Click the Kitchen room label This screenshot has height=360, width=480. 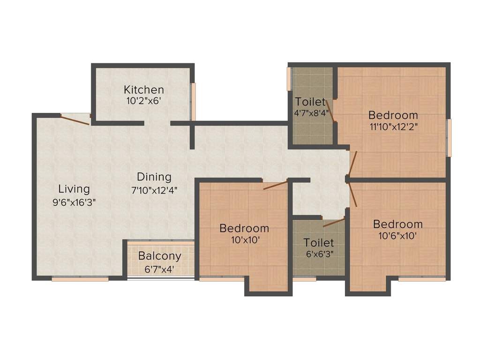[144, 89]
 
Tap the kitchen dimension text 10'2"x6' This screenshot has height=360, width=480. [144, 100]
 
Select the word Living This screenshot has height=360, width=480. [74, 189]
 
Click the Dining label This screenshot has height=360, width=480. [154, 177]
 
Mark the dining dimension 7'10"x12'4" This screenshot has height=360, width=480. [154, 190]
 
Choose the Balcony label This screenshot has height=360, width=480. [159, 256]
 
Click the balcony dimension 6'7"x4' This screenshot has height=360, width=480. [159, 270]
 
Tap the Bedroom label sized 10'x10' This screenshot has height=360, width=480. [244, 228]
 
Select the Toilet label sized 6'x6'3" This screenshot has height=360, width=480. [319, 243]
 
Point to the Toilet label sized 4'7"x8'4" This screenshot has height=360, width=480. [310, 102]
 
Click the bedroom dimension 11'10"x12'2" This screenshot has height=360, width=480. [393, 127]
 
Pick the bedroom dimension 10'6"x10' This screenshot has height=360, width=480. [398, 236]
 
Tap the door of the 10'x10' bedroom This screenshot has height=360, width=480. [275, 185]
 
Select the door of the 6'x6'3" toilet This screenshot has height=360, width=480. [334, 222]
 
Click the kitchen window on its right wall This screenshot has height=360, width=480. [193, 101]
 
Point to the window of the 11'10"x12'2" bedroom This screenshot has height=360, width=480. [449, 138]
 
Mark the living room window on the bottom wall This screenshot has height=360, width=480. [80, 279]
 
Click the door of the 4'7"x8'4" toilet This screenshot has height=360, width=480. [330, 111]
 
